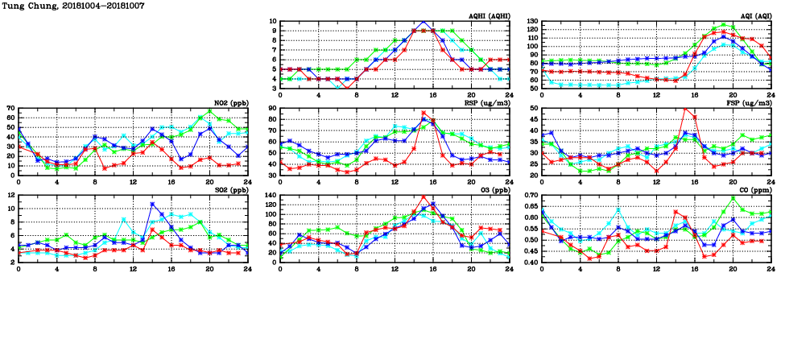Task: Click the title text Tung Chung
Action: pyautogui.click(x=27, y=6)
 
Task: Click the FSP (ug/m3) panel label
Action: pyautogui.click(x=750, y=103)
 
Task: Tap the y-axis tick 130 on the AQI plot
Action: pyautogui.click(x=532, y=22)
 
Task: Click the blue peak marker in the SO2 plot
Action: pyautogui.click(x=152, y=205)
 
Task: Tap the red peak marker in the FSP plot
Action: pyautogui.click(x=685, y=109)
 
